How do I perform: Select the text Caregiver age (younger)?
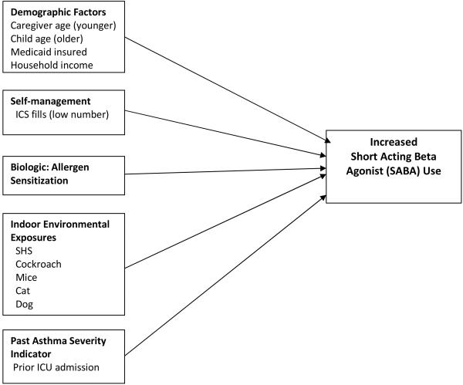(x=63, y=25)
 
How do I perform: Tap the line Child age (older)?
(x=49, y=39)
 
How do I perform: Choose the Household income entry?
(x=52, y=66)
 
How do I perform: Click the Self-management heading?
(x=51, y=102)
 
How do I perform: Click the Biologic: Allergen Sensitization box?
(x=62, y=174)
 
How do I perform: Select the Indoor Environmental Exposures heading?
(x=60, y=230)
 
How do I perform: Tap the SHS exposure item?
(x=25, y=249)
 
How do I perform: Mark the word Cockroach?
(x=37, y=263)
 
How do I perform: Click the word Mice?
(x=26, y=277)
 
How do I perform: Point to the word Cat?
(x=23, y=291)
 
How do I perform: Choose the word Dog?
(x=24, y=305)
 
